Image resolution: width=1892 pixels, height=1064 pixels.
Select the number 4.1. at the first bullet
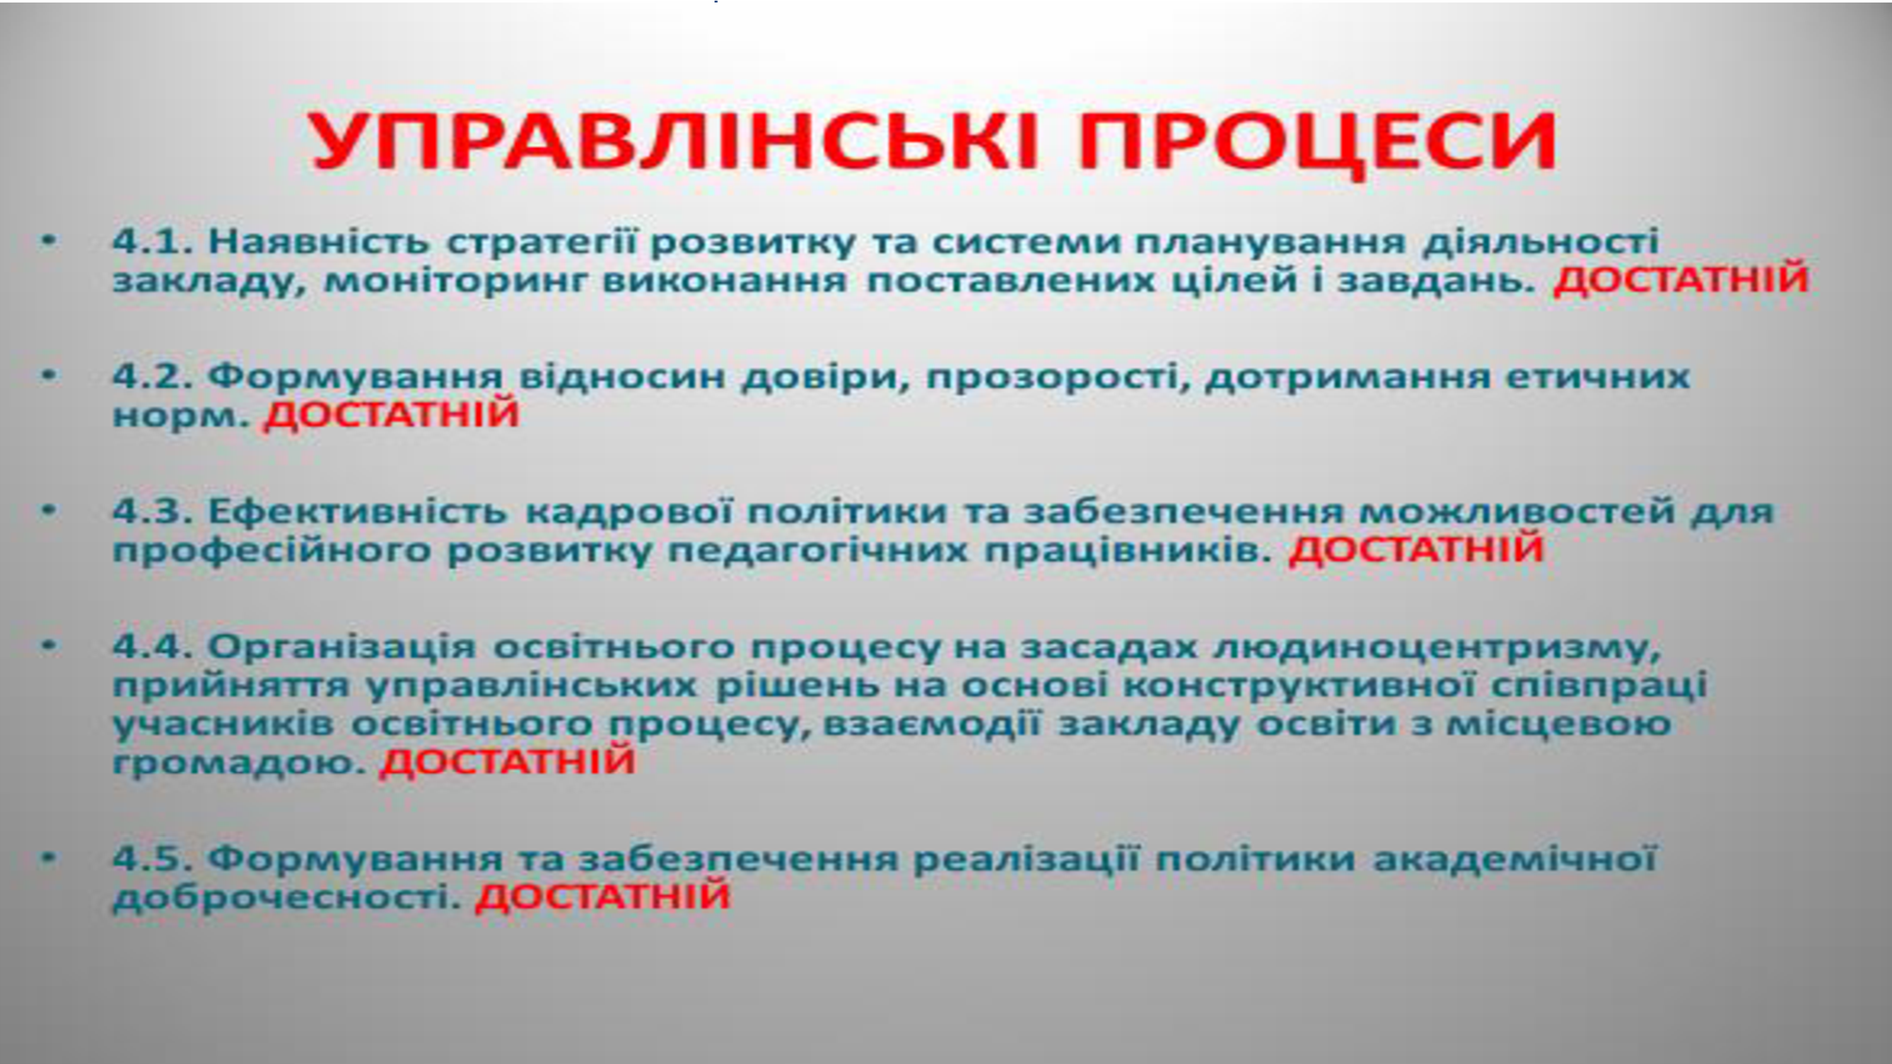[153, 241]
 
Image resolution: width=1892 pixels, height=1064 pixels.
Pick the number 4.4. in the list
[153, 647]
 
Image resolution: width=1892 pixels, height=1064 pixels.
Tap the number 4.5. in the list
[153, 859]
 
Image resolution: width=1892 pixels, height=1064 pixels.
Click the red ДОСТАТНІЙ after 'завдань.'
[1681, 280]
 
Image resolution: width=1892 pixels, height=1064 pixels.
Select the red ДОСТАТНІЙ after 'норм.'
[392, 413]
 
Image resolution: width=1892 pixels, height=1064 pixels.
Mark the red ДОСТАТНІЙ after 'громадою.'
[508, 760]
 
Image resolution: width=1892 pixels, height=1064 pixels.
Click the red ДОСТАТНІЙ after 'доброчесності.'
[603, 896]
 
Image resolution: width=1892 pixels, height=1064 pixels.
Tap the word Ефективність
[358, 512]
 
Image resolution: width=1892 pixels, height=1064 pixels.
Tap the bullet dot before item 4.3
[49, 509]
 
